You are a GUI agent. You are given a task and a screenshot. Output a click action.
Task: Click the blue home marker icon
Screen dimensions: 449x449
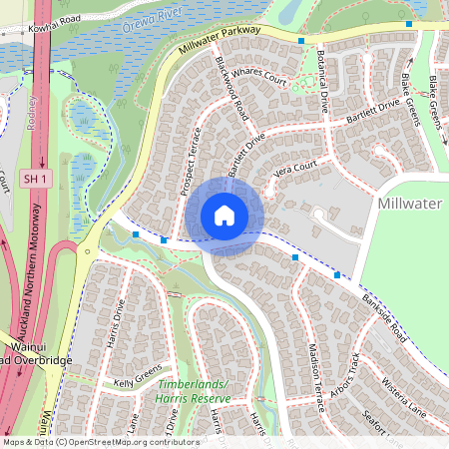224,216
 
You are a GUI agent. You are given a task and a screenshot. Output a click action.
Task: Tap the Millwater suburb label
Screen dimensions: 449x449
411,203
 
